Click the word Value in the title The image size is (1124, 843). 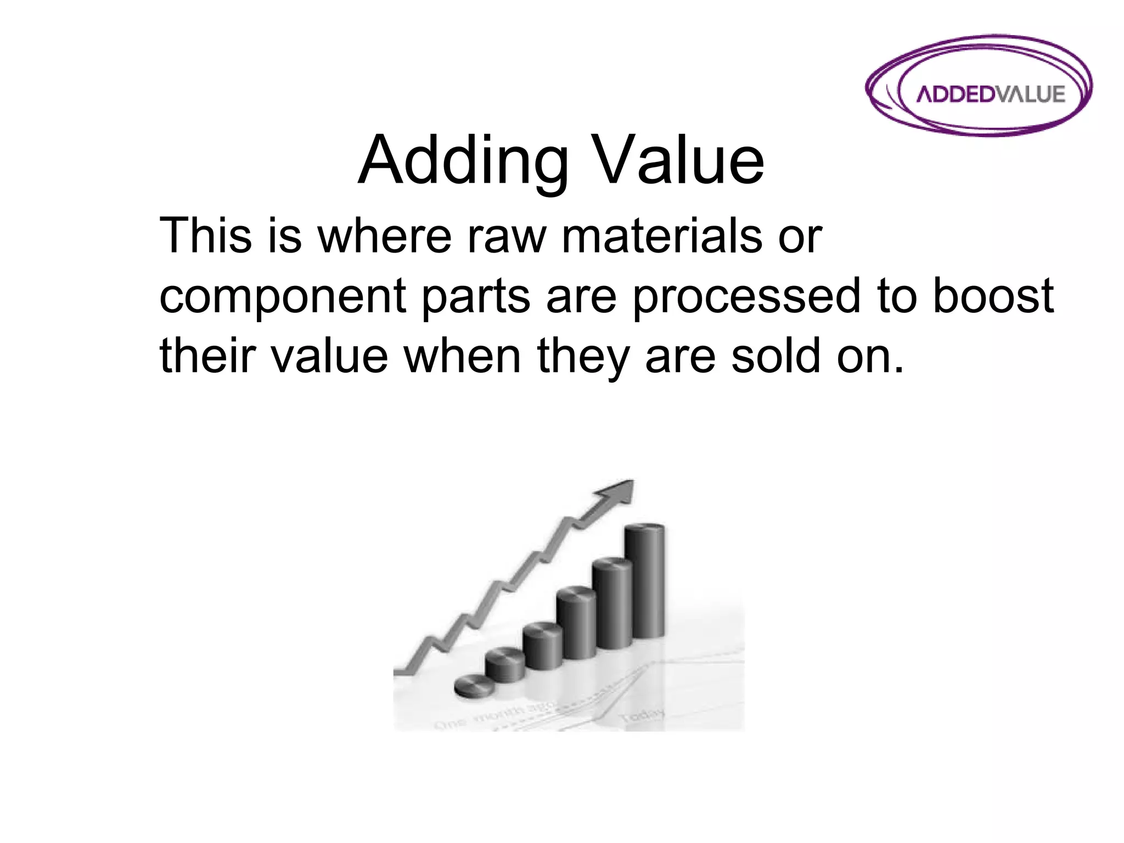681,161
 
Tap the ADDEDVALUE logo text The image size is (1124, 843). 991,94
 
